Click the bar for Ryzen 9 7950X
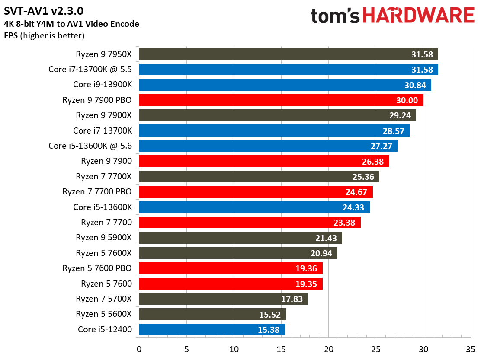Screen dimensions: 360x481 click(288, 54)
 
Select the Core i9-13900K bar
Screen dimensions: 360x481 click(285, 85)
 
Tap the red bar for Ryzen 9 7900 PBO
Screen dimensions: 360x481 click(281, 100)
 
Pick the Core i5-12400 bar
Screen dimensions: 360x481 click(212, 330)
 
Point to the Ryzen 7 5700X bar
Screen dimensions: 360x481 click(223, 299)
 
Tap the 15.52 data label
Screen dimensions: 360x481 click(271, 315)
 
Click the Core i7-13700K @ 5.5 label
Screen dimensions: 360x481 click(90, 69)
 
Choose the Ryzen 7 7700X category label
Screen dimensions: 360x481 click(104, 176)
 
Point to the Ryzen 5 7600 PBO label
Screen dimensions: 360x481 click(97, 268)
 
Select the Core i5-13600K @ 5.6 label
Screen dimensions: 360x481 click(90, 146)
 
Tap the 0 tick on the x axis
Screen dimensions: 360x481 click(139, 349)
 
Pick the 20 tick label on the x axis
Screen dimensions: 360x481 click(328, 349)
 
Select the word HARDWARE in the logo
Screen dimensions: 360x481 click(418, 16)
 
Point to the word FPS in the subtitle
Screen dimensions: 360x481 click(12, 35)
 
